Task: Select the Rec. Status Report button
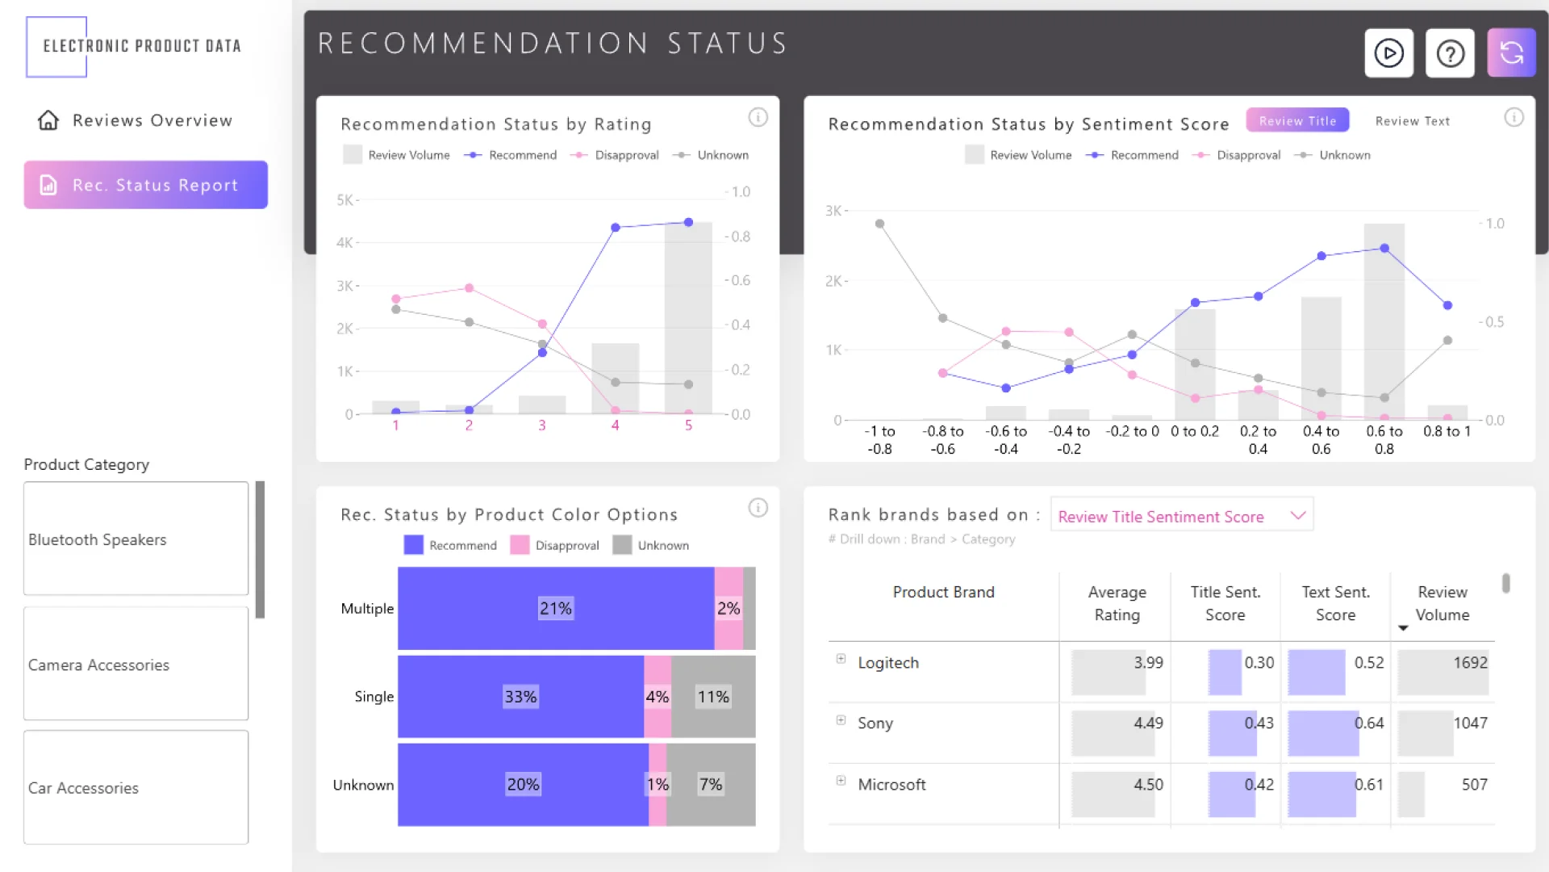click(x=146, y=185)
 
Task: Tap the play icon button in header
click(x=1388, y=53)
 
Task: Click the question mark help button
click(x=1450, y=53)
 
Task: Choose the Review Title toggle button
click(x=1297, y=120)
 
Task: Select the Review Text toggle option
click(x=1412, y=121)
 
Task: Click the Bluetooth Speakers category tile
click(x=136, y=539)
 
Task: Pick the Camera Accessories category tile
click(x=136, y=664)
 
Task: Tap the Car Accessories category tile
click(x=136, y=787)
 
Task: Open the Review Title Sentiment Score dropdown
click(x=1181, y=516)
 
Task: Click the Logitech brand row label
click(x=887, y=663)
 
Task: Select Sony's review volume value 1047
click(x=1470, y=723)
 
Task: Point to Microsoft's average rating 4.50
click(x=1148, y=784)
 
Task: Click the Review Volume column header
click(x=1442, y=603)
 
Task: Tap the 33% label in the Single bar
click(x=520, y=697)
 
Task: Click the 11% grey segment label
click(x=713, y=697)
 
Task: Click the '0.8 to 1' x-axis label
click(x=1447, y=432)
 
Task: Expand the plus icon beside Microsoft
click(x=841, y=781)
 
